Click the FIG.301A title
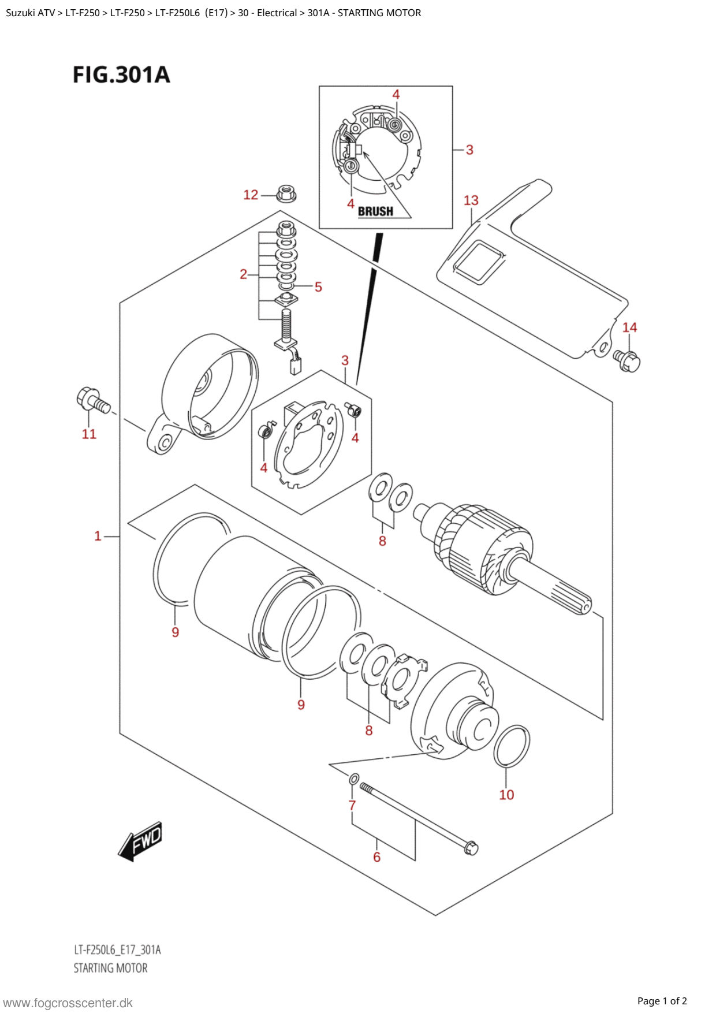click(x=121, y=75)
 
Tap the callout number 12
click(x=251, y=195)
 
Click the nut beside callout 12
click(x=286, y=193)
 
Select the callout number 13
click(x=471, y=200)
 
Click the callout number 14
click(x=629, y=327)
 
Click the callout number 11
click(x=89, y=434)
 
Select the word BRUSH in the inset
click(x=375, y=211)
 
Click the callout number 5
click(x=318, y=287)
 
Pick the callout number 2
click(x=244, y=274)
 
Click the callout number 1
click(x=98, y=536)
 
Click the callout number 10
click(x=506, y=795)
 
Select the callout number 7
click(x=352, y=805)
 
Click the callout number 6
click(x=376, y=857)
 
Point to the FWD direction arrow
click(x=140, y=841)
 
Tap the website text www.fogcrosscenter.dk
click(x=68, y=1003)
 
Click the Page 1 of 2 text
click(x=662, y=1001)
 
